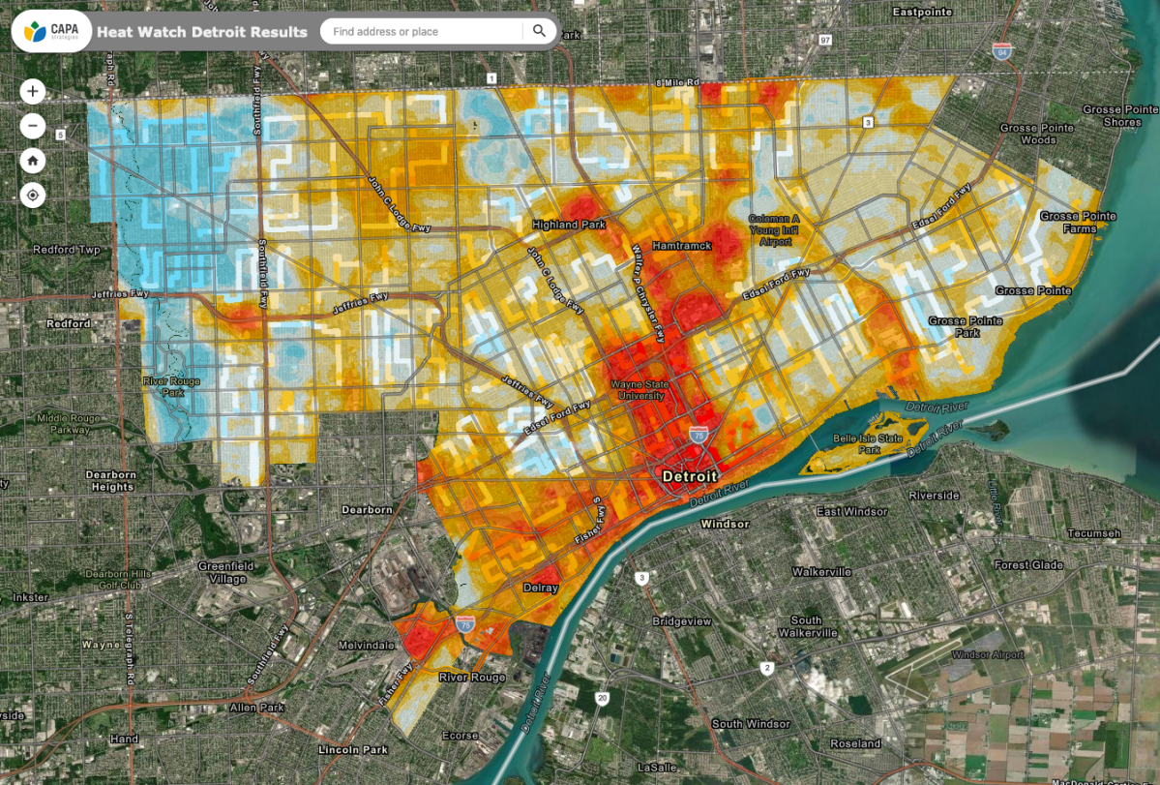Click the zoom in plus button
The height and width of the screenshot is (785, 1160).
click(33, 92)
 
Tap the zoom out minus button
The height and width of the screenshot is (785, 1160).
click(33, 126)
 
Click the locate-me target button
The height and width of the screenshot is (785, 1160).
click(33, 196)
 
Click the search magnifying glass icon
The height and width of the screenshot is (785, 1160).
click(539, 31)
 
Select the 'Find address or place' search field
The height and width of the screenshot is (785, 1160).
click(421, 32)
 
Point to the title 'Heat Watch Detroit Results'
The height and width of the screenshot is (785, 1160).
click(202, 32)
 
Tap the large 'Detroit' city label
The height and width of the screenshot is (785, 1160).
click(690, 476)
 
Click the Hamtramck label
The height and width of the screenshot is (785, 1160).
click(682, 246)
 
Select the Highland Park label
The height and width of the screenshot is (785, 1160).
click(569, 225)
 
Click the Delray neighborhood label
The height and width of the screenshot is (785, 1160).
click(541, 588)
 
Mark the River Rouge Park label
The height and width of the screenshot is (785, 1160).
click(171, 387)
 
